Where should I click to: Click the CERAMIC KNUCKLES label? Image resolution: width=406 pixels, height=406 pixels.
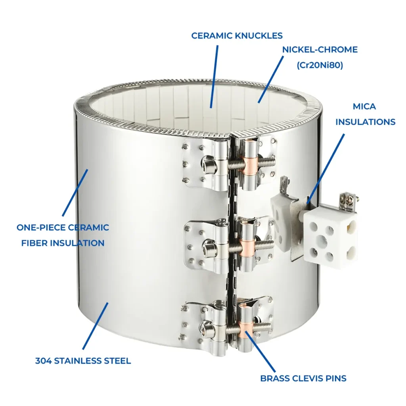(x=237, y=36)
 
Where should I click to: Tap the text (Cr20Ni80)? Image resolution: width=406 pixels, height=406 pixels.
(x=320, y=65)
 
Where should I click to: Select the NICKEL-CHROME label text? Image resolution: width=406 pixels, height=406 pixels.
(x=320, y=50)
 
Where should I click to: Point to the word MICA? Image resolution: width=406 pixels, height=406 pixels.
(x=364, y=106)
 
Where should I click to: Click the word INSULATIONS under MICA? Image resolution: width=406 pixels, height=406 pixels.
(x=365, y=122)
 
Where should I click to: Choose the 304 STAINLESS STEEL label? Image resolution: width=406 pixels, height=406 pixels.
(x=83, y=361)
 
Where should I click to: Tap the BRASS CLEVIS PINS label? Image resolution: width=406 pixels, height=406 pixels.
(x=303, y=378)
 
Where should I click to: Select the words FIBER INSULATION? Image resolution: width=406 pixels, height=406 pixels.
(x=63, y=243)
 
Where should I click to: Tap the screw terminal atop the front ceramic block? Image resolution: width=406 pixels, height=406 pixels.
(x=347, y=199)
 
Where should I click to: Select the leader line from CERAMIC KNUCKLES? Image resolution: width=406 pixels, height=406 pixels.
(x=214, y=77)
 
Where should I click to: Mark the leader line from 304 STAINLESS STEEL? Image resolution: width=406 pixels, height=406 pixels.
(x=95, y=326)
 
